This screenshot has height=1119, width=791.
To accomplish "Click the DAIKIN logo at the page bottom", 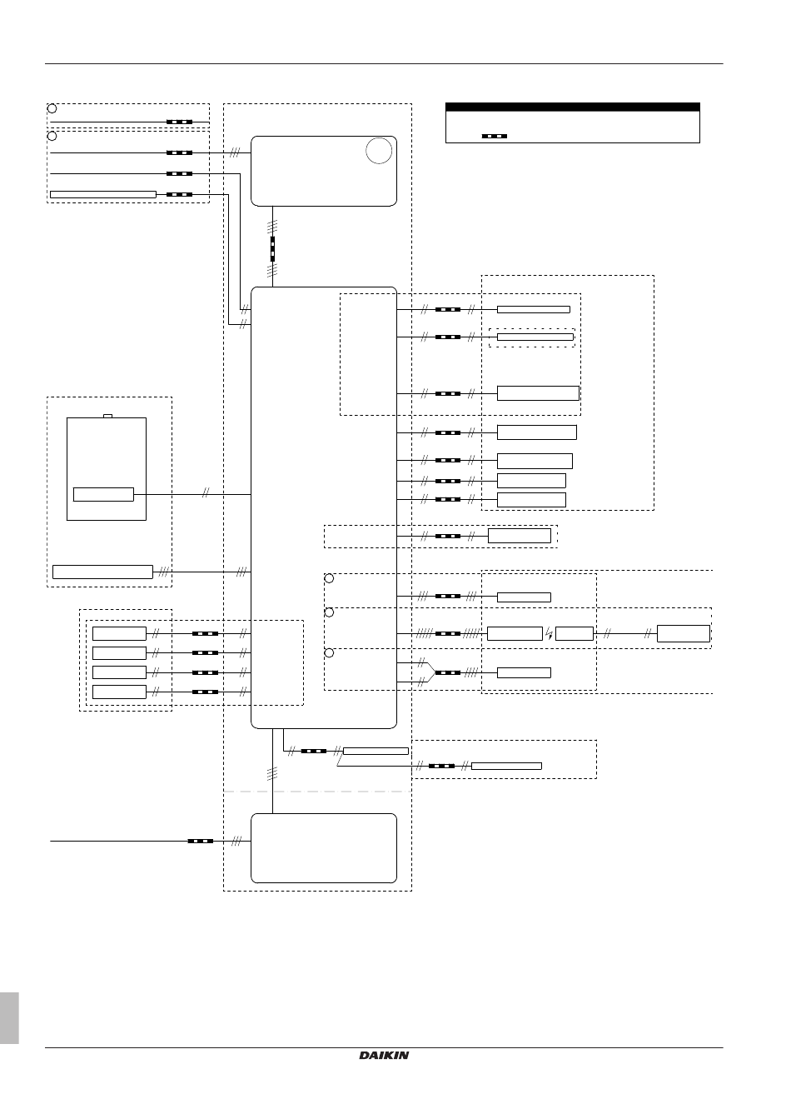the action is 384,1055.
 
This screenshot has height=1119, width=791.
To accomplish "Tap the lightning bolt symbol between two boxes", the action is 549,633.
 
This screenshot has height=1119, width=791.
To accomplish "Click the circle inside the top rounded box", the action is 379,150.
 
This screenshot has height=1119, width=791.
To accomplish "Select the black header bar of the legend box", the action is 572,107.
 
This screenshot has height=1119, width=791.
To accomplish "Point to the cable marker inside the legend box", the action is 494,136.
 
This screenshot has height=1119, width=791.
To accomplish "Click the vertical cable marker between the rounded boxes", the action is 272,249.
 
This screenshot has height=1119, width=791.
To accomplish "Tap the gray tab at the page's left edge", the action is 9,1017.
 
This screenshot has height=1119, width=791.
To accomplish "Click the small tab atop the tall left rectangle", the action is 107,416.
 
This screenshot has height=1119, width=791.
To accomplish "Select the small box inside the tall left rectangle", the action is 103,494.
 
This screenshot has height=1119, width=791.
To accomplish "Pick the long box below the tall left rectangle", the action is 102,572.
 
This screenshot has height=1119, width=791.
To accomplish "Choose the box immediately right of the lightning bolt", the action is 575,633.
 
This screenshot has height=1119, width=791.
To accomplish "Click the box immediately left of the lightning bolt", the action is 515,633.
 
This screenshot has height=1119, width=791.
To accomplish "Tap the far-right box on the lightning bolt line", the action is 684,633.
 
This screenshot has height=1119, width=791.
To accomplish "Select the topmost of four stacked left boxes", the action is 119,633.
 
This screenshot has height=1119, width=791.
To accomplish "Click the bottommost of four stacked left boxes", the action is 119,692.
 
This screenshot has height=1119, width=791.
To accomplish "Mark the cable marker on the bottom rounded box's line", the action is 200,841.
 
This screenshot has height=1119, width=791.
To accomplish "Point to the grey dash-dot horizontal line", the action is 317,792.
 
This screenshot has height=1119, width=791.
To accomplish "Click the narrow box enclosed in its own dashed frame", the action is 535,337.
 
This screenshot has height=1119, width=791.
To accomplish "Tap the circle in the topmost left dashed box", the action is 52,108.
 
